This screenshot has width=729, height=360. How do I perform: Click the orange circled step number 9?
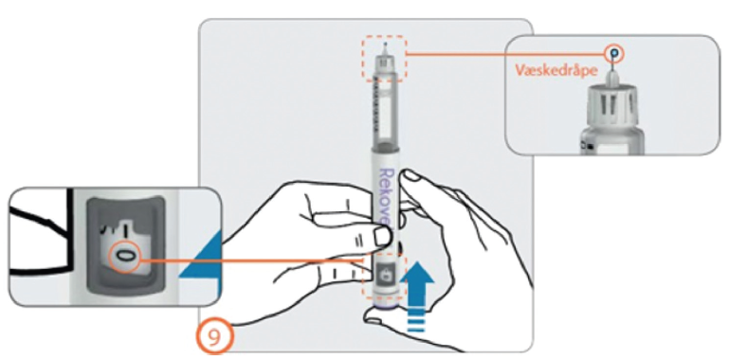coord(213,337)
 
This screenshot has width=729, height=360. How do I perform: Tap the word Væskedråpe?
coord(556,70)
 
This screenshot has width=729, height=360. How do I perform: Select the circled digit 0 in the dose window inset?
coord(124,256)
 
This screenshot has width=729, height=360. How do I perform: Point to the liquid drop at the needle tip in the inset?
coord(614,53)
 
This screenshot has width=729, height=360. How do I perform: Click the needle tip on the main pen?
coord(385,44)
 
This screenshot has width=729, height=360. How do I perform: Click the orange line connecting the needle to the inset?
coord(508,54)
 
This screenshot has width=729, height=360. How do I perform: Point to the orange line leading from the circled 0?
coord(251,261)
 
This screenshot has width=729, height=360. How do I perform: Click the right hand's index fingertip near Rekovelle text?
coord(410,178)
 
